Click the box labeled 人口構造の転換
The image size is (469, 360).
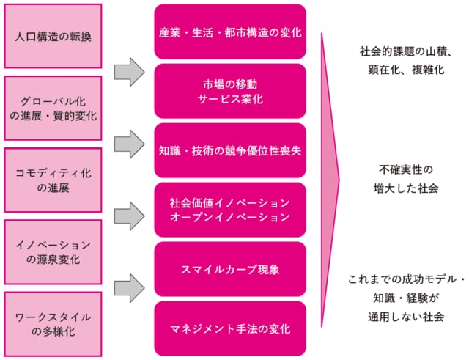(53, 36)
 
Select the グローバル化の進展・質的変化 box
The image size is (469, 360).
(53, 107)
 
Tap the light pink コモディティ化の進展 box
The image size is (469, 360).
(53, 180)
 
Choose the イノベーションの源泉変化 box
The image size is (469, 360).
(53, 251)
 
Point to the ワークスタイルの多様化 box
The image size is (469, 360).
(53, 323)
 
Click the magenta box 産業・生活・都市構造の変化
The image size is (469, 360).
(230, 33)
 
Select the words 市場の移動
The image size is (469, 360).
(230, 83)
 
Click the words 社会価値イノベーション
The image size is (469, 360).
(230, 202)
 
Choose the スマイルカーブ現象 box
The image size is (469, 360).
(230, 269)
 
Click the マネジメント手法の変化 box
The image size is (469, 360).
(230, 328)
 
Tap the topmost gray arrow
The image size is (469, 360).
(130, 70)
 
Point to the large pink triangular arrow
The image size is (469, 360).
(329, 180)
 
